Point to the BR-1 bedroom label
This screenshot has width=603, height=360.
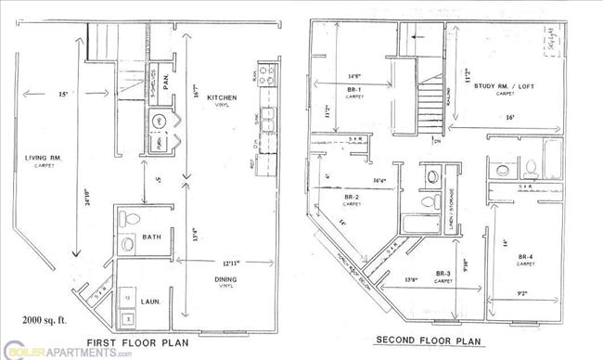[354, 91]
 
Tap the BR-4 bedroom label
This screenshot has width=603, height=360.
[525, 256]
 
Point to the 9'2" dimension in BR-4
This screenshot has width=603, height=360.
[524, 295]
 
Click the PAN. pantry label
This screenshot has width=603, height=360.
[165, 86]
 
